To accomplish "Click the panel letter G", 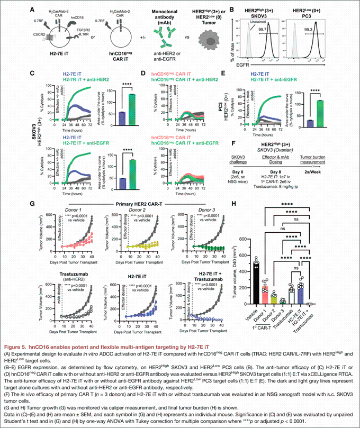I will point(32,203).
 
